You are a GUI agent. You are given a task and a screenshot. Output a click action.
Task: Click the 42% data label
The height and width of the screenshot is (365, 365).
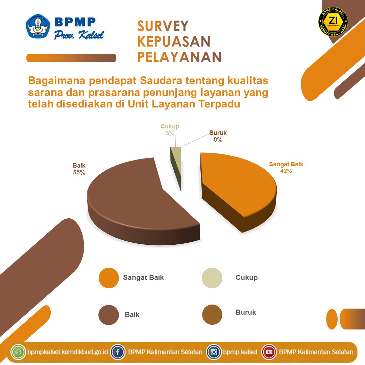pos(286,171)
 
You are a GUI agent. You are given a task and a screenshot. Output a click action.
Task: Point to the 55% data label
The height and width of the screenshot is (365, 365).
pos(79,172)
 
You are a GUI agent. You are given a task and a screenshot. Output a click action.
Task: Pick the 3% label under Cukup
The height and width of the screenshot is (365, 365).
pos(170,133)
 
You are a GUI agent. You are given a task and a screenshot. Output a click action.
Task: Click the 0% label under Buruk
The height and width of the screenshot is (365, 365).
pos(218,140)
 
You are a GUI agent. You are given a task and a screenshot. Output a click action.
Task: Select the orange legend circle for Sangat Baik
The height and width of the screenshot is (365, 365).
pos(109,278)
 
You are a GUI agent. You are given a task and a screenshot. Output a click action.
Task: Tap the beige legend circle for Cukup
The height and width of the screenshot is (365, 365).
pos(212,278)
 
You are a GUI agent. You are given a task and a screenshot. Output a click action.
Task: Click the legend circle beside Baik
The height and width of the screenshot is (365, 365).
pos(109,315)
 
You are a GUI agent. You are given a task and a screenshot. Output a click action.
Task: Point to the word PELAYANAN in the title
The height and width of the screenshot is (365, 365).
pos(179,57)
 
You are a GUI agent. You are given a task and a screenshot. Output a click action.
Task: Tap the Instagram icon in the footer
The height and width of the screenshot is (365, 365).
pos(214,352)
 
